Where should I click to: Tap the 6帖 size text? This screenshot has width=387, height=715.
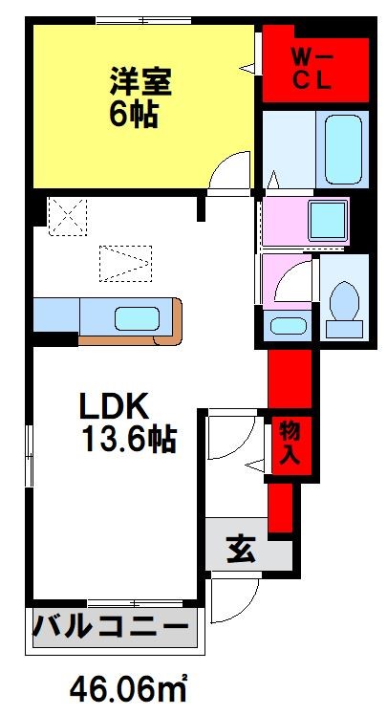(x=132, y=117)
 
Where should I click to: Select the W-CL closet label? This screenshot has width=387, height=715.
(x=311, y=69)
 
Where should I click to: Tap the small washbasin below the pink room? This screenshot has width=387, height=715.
(x=284, y=325)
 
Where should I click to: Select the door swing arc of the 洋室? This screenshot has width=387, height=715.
(x=229, y=172)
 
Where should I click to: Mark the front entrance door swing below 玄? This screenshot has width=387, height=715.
(x=231, y=600)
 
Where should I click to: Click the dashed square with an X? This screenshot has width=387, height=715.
(x=67, y=215)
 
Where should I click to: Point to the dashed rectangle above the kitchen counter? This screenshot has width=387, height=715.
(x=124, y=261)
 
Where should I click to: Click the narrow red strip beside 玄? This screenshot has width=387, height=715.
(x=280, y=507)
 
